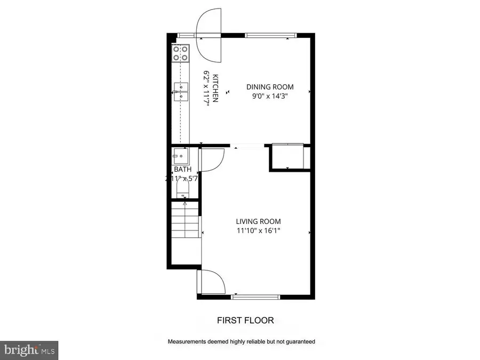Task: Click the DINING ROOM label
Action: [x=269, y=87]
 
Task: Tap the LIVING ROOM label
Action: [x=259, y=221]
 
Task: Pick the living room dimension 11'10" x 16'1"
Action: [x=259, y=231]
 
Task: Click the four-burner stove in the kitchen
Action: [x=180, y=52]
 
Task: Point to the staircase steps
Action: [x=185, y=221]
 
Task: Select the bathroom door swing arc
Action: [x=212, y=160]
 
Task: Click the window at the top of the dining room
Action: [x=270, y=36]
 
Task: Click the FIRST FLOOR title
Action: [x=245, y=321]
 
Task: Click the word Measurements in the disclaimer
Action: [x=186, y=341]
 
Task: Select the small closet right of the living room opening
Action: [x=287, y=156]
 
